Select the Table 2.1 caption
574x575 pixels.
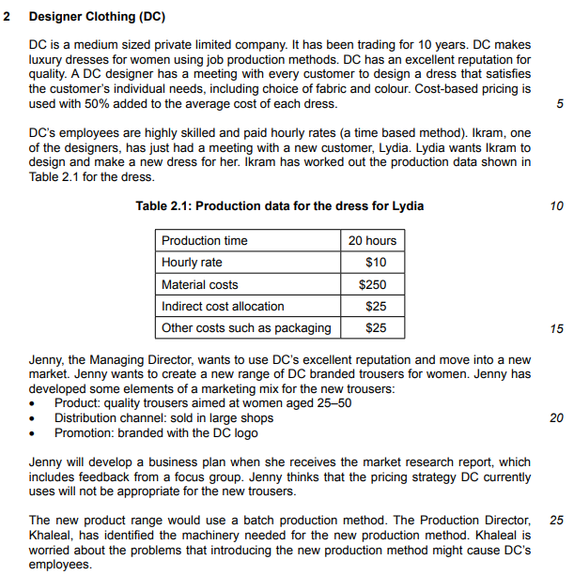tap(280, 205)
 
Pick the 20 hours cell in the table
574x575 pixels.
tap(372, 240)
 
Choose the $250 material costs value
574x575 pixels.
tap(372, 284)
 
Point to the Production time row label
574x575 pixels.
tap(205, 240)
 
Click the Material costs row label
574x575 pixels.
tap(200, 284)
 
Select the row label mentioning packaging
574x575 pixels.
tap(246, 328)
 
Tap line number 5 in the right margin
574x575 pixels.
tap(560, 103)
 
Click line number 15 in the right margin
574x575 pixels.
tap(557, 328)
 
